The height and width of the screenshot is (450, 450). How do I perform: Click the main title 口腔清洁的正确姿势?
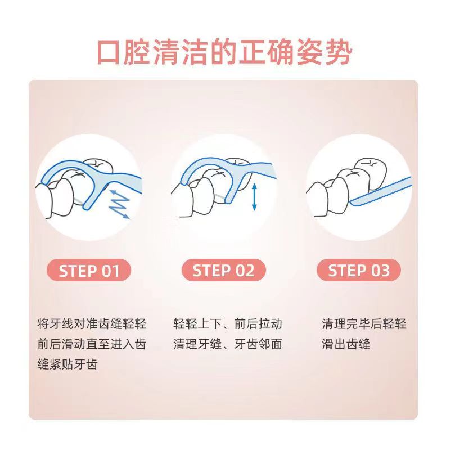pos(224,52)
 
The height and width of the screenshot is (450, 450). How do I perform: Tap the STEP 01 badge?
pos(89,270)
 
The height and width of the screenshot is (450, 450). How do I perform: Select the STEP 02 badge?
pos(223,270)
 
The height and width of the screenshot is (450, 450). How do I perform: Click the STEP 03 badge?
pos(359,270)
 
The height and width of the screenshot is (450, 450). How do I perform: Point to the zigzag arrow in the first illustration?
pos(119,204)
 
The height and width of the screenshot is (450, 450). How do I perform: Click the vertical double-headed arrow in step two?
pos(254,197)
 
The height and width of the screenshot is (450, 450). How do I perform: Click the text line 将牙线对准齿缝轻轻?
pos(92,324)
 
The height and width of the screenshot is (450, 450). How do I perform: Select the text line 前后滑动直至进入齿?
pos(92,344)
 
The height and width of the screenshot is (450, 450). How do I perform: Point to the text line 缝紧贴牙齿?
pos(67,364)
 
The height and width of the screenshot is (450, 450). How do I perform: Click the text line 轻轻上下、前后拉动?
pos(228,324)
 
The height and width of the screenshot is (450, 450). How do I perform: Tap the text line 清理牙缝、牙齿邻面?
pos(228,344)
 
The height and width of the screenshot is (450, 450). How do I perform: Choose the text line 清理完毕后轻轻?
pos(364,324)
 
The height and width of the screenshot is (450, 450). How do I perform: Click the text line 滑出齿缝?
pos(346,344)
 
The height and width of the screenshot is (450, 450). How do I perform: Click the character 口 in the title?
pos(109,53)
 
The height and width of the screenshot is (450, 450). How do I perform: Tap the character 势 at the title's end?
pos(339,52)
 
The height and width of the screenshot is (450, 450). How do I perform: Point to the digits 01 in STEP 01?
pos(110,271)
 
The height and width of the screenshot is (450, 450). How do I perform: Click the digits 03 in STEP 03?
pos(381,271)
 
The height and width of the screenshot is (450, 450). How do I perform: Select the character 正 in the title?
pos(253,52)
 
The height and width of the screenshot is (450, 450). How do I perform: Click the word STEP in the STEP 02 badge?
pos(212,271)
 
